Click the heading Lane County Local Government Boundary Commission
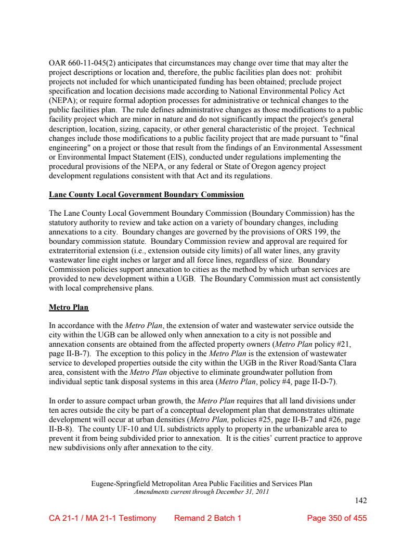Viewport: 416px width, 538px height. (x=146, y=195)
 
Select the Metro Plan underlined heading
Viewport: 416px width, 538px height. (x=69, y=307)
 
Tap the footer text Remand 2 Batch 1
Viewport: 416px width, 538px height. (x=207, y=518)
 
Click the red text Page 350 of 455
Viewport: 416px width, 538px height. (x=336, y=518)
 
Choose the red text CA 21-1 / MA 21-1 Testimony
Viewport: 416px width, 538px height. (x=102, y=518)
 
